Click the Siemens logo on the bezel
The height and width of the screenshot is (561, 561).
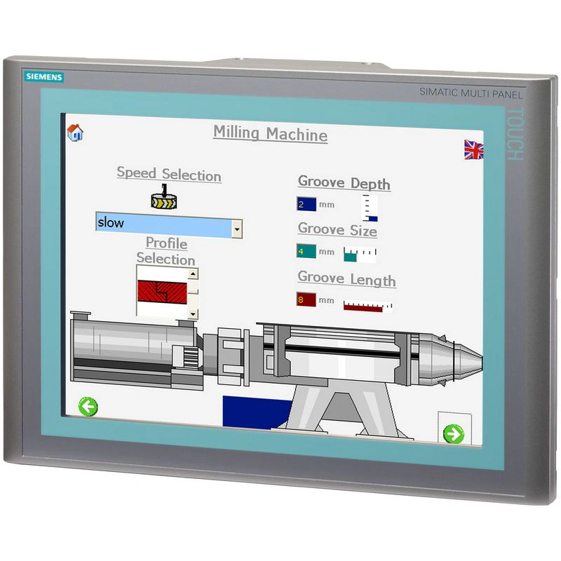44,76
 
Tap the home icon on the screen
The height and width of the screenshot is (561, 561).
75,133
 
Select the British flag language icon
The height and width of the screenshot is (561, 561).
474,149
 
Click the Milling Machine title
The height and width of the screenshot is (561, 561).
271,134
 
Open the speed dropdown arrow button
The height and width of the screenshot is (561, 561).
237,229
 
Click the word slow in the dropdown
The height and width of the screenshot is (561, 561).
111,222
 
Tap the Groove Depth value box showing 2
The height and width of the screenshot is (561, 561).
306,204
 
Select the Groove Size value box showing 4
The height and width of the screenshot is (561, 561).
306,251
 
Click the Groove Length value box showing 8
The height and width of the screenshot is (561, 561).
306,299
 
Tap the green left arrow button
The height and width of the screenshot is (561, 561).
88,407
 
